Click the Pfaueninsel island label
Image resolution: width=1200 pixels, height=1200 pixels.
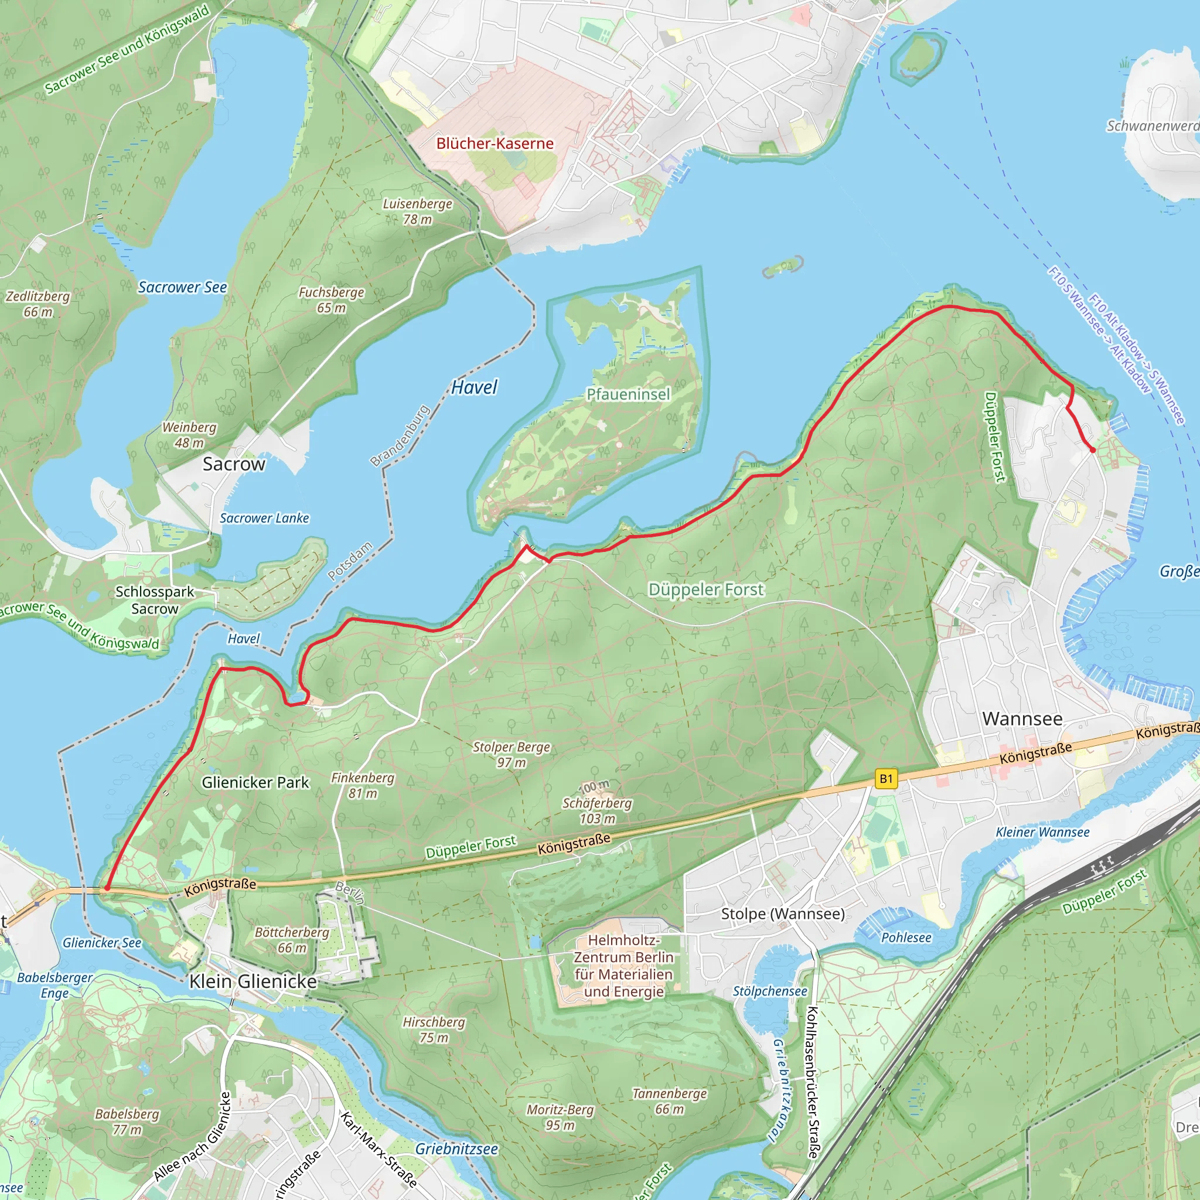click(x=628, y=394)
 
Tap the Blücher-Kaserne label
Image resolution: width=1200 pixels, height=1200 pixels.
click(x=495, y=144)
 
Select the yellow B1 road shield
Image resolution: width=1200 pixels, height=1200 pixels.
click(x=886, y=779)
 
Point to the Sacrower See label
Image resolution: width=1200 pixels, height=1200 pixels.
click(x=182, y=287)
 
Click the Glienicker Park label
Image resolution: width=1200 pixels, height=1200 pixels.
click(x=255, y=783)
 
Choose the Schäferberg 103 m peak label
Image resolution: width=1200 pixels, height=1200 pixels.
click(x=597, y=810)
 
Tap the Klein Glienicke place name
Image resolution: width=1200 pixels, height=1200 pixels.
click(x=253, y=981)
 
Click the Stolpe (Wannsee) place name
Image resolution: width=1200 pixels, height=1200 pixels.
click(x=783, y=913)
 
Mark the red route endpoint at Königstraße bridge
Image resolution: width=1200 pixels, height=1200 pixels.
click(x=107, y=888)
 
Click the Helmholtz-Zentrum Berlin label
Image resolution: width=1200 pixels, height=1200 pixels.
click(x=623, y=966)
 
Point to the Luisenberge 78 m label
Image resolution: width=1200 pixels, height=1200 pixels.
click(x=417, y=211)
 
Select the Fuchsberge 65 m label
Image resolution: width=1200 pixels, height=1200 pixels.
click(x=331, y=300)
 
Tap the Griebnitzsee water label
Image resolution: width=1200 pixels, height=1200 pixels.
click(x=456, y=1149)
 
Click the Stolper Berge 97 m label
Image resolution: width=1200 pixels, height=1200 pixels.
click(x=511, y=755)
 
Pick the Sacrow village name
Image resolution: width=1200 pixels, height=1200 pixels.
click(x=234, y=464)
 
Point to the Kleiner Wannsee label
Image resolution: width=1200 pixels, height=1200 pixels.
click(x=1042, y=832)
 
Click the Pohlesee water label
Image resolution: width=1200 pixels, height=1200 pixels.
click(x=906, y=937)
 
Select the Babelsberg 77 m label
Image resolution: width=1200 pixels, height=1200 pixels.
click(x=127, y=1121)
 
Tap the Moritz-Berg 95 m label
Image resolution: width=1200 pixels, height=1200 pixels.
click(x=560, y=1117)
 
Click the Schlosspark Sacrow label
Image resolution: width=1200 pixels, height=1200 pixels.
click(x=155, y=600)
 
